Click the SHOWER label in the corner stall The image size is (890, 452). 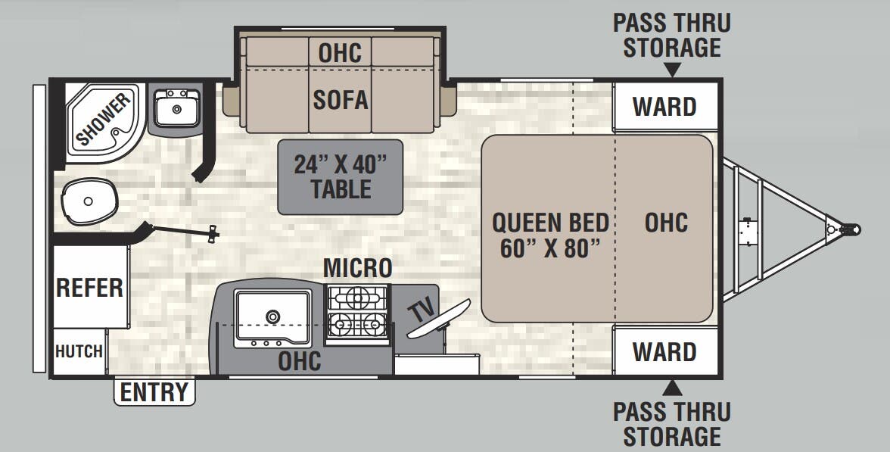[103, 120]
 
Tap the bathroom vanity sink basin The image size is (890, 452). [176, 109]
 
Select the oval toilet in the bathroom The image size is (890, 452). [89, 201]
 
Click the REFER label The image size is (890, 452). [89, 288]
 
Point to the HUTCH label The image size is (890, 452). [79, 351]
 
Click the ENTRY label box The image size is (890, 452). [154, 392]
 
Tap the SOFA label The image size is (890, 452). [341, 99]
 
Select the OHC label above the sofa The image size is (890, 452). [340, 53]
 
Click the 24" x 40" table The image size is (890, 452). [341, 176]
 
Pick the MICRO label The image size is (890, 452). [358, 268]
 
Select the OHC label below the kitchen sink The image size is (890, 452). [300, 360]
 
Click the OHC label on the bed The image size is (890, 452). [666, 223]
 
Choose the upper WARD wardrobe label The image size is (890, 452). [664, 107]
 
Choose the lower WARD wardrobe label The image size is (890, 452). [664, 352]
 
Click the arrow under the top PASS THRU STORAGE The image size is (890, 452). [672, 70]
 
